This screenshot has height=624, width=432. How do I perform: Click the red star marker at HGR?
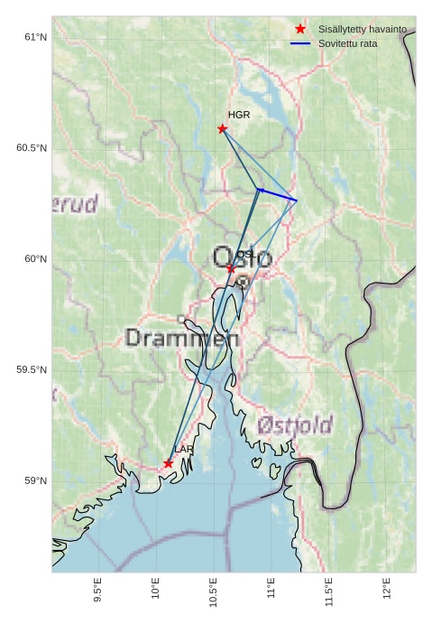point(223,128)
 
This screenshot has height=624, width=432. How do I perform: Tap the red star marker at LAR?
point(169,463)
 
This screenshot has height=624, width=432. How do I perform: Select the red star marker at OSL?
point(231,269)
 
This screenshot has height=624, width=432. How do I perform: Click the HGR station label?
point(239,116)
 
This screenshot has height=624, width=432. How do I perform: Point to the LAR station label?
point(184,450)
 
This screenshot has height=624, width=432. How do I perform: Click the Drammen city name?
point(182,339)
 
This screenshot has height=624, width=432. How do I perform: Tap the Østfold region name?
point(294,424)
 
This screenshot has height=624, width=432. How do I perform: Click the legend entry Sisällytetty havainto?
point(362,30)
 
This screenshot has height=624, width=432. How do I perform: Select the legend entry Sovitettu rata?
point(347,43)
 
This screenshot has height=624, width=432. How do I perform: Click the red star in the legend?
point(300,30)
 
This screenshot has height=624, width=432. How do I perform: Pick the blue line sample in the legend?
point(300,43)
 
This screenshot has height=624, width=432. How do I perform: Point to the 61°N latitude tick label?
point(35,37)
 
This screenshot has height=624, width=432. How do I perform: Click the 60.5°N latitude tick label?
point(32,148)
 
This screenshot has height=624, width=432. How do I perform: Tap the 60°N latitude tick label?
point(35,259)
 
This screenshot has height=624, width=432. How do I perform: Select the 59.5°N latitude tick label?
point(32,370)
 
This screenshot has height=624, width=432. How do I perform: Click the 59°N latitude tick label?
point(35,480)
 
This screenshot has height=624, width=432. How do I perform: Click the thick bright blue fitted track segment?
point(277,194)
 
